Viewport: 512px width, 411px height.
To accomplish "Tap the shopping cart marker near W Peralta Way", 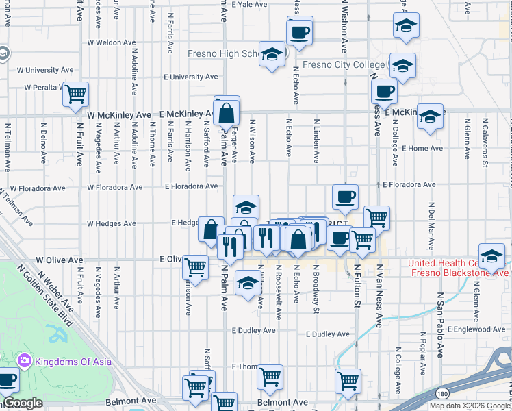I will click(x=76, y=94).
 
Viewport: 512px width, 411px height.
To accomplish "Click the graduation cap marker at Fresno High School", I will click(x=272, y=54).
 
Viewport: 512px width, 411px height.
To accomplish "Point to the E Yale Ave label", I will click(x=248, y=4).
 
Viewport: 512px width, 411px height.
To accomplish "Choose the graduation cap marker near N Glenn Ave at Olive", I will click(x=491, y=256).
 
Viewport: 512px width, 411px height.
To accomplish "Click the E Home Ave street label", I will click(x=422, y=148).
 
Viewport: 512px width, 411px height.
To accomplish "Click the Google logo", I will click(x=23, y=403).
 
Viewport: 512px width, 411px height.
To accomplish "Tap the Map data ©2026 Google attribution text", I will click(x=469, y=406).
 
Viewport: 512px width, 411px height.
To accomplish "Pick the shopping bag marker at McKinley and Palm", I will click(x=227, y=112).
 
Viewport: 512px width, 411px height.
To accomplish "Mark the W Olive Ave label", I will click(x=60, y=260).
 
